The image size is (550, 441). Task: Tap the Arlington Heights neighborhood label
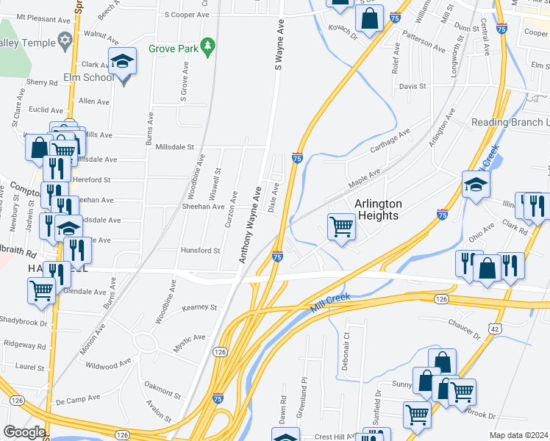[378, 209]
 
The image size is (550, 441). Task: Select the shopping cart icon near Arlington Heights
[341, 226]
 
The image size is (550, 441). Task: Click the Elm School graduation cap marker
[123, 62]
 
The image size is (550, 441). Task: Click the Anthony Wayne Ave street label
[250, 225]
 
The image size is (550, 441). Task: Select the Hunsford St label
[200, 251]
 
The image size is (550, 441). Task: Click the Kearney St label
[200, 307]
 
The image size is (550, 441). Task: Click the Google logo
[25, 432]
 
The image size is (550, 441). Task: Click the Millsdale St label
[175, 147]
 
